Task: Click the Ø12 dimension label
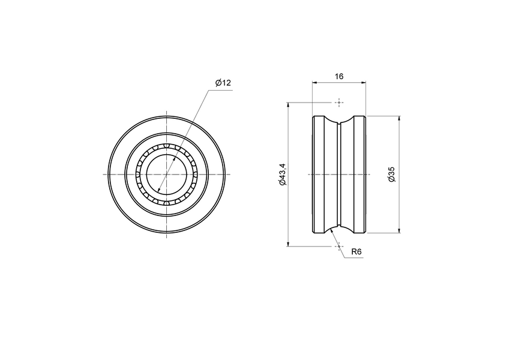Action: (223, 83)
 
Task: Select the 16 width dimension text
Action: (339, 76)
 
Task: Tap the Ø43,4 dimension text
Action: (283, 174)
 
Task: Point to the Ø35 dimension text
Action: (391, 174)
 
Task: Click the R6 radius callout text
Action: (356, 252)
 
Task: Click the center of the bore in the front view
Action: (166, 174)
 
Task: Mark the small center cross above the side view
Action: (339, 102)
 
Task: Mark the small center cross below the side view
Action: (339, 246)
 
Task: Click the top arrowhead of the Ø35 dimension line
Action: (399, 118)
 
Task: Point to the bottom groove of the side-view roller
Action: (339, 227)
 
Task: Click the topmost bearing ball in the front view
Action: (166, 146)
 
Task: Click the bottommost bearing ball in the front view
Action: (166, 203)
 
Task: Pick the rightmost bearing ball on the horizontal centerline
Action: (194, 174)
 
